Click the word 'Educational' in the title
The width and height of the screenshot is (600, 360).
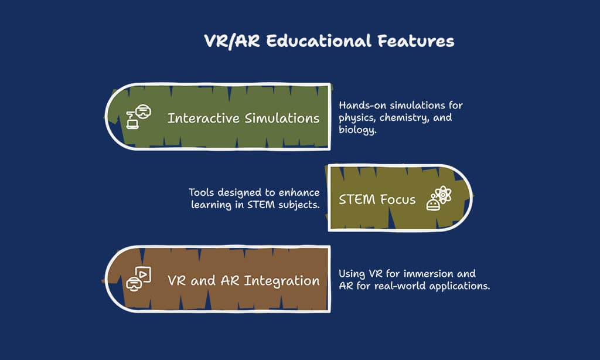click(318, 41)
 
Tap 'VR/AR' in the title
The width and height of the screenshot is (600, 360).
click(232, 42)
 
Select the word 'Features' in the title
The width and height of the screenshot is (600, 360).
click(416, 41)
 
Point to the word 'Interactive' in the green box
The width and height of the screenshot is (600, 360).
click(203, 118)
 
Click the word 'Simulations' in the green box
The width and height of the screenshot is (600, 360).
click(282, 118)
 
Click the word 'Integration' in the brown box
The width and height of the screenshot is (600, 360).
click(282, 281)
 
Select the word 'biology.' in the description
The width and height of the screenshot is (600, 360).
click(357, 130)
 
